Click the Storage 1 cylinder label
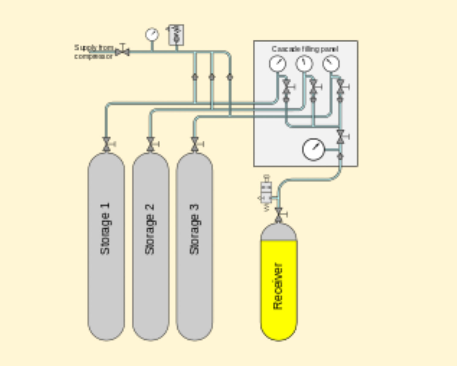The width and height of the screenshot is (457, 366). tap(105, 229)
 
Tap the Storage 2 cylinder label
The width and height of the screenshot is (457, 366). tap(150, 229)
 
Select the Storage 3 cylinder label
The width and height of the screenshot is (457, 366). tap(194, 229)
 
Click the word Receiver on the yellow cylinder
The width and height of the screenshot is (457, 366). tap(278, 286)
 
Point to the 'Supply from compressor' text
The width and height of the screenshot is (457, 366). tap(94, 52)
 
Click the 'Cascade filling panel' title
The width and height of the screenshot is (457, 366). tap(305, 49)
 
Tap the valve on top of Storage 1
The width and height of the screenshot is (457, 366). tap(107, 144)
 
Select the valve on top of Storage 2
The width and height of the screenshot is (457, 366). tap(151, 144)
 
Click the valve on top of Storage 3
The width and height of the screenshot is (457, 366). tap(195, 144)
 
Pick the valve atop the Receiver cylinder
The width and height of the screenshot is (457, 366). tap(279, 215)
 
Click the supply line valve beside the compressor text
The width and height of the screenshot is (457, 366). tap(122, 52)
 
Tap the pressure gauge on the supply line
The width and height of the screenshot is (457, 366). tap(152, 34)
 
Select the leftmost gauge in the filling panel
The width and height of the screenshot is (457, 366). tap(278, 64)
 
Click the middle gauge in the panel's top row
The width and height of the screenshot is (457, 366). tap(304, 64)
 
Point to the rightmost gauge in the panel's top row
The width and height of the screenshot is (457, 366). tap(331, 64)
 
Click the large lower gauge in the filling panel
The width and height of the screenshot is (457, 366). tap(314, 149)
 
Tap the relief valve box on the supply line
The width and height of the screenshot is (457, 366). tap(176, 35)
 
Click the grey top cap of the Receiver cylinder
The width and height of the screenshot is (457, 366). tap(279, 232)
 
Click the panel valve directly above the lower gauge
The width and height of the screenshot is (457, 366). tap(340, 136)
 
